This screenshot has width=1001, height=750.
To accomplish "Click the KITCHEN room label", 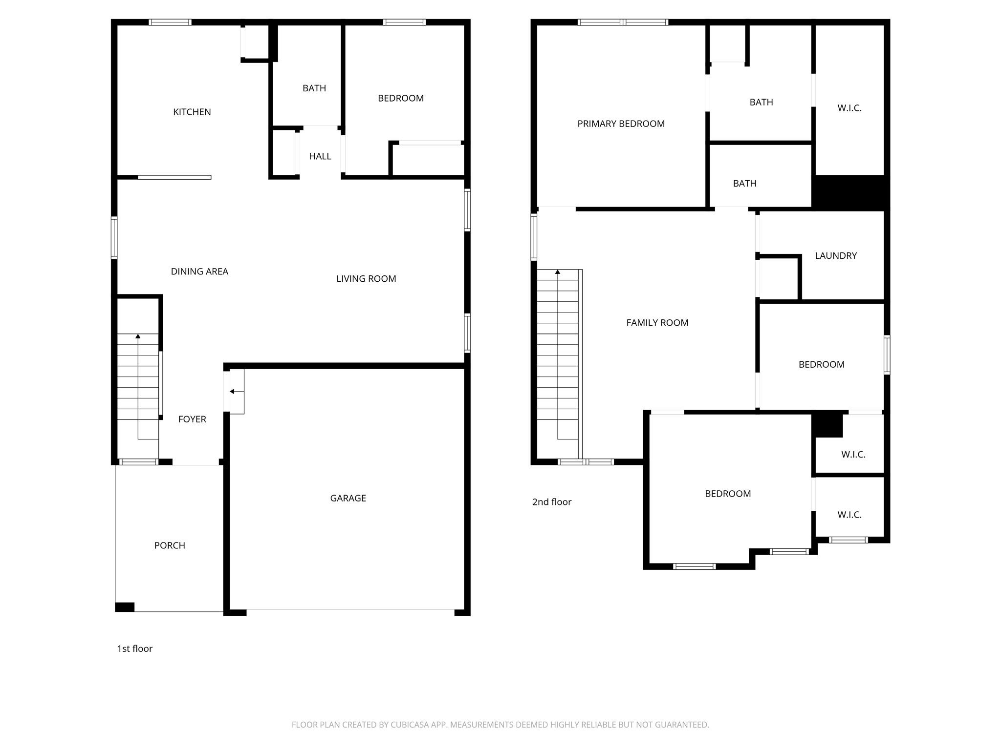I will click(x=192, y=112).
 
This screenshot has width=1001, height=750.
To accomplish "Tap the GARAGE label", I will click(x=348, y=498).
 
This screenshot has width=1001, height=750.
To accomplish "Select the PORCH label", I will click(x=170, y=545).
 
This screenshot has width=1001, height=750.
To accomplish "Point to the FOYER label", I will click(x=192, y=419).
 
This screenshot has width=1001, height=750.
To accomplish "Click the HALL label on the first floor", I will click(x=320, y=156).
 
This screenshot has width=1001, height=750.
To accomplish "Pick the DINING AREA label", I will click(x=199, y=271).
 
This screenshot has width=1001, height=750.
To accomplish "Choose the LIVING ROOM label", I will click(x=366, y=279).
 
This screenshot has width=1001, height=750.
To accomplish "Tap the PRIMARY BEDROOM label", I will click(x=621, y=124).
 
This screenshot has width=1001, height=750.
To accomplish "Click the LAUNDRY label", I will click(x=836, y=256).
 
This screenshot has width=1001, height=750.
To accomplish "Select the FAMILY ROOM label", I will click(x=657, y=323).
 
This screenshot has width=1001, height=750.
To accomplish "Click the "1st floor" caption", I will click(x=135, y=648).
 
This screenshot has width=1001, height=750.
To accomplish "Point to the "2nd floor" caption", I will click(x=552, y=502).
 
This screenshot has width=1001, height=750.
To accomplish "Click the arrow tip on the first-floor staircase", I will click(x=138, y=336).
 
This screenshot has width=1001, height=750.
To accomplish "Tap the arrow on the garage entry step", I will click(x=232, y=392).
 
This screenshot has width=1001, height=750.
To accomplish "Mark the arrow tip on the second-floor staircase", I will click(x=558, y=271).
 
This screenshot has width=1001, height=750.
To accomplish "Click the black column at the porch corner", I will click(x=125, y=607).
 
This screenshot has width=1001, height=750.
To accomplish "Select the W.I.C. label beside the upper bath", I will click(x=849, y=108).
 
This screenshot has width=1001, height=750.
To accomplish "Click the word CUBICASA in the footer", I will click(x=409, y=725).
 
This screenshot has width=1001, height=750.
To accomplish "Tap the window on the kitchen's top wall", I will click(x=170, y=22).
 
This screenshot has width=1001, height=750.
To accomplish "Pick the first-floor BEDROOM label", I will click(x=401, y=98).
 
